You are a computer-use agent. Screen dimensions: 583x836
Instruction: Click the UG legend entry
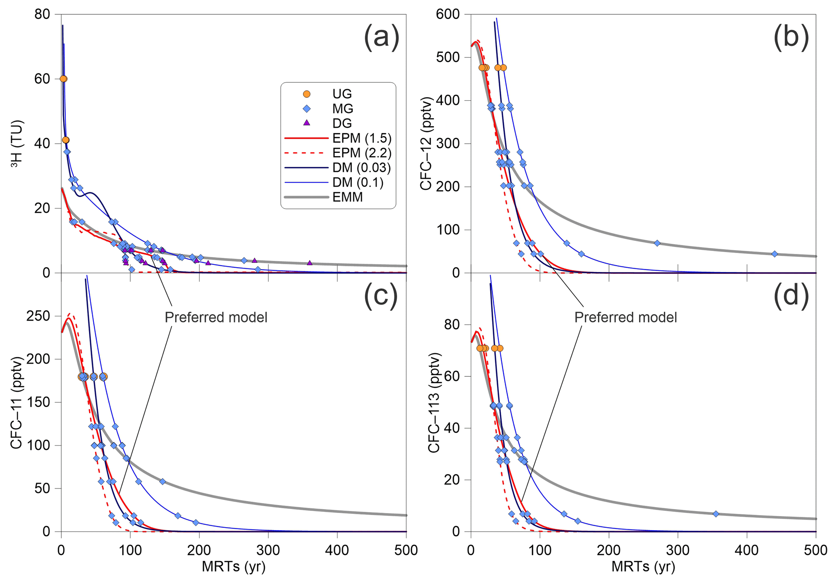click(x=342, y=94)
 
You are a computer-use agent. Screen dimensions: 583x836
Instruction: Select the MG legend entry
click(x=342, y=108)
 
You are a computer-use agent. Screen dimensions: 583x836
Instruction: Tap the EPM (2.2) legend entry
click(x=362, y=153)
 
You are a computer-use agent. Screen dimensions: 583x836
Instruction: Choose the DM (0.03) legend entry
click(x=362, y=167)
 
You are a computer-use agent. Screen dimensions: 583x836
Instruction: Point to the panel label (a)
click(x=381, y=37)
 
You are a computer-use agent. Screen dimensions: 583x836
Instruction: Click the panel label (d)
click(x=791, y=295)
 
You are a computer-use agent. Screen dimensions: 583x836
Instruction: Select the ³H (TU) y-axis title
click(x=17, y=144)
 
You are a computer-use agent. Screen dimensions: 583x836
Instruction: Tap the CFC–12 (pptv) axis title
click(x=427, y=144)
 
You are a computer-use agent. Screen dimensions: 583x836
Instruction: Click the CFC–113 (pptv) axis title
click(x=434, y=402)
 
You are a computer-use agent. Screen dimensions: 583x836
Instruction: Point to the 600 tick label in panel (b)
click(x=447, y=15)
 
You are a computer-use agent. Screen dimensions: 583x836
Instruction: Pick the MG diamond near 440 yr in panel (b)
click(x=775, y=254)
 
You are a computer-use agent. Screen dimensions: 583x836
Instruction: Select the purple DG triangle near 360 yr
click(x=309, y=263)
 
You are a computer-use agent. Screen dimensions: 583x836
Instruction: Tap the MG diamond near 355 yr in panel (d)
click(x=716, y=514)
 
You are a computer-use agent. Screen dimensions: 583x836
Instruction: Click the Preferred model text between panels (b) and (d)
click(x=625, y=317)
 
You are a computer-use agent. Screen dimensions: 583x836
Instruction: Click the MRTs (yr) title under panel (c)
click(x=233, y=567)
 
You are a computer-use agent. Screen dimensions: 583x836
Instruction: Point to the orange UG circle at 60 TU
click(x=63, y=79)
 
